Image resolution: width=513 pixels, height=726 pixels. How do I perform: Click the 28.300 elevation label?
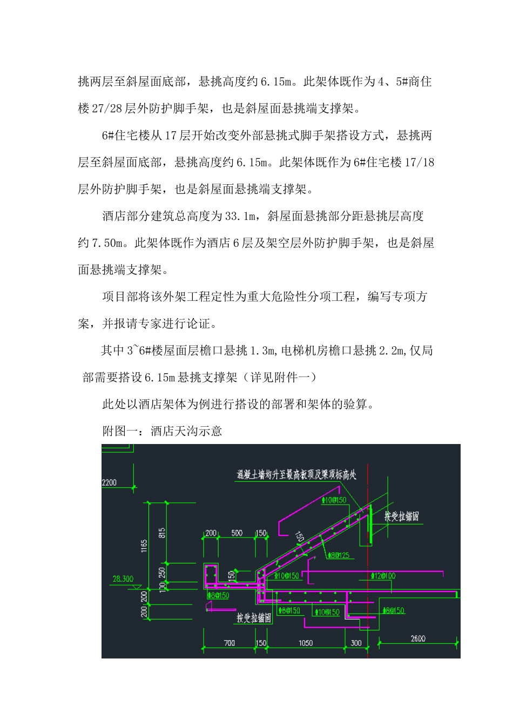click(123, 579)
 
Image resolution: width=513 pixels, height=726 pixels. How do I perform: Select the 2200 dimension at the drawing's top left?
click(109, 482)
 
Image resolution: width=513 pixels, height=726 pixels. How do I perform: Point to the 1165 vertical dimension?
click(144, 546)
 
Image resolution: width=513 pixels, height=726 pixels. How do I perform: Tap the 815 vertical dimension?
click(162, 533)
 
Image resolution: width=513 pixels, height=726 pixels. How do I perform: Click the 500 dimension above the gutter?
click(237, 533)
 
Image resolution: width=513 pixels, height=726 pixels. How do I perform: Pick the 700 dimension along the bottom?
click(230, 643)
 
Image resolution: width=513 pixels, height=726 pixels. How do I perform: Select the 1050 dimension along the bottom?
click(306, 643)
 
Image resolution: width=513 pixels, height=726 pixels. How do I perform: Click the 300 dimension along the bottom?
click(356, 643)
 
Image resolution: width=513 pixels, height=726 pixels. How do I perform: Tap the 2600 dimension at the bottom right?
click(418, 638)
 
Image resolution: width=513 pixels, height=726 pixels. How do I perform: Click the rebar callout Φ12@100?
click(383, 576)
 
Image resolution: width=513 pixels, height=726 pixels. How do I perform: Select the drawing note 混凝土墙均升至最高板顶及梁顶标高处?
click(296, 475)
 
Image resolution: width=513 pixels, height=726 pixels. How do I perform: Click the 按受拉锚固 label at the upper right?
click(402, 516)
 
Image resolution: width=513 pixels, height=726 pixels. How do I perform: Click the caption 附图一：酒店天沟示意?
click(162, 431)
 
